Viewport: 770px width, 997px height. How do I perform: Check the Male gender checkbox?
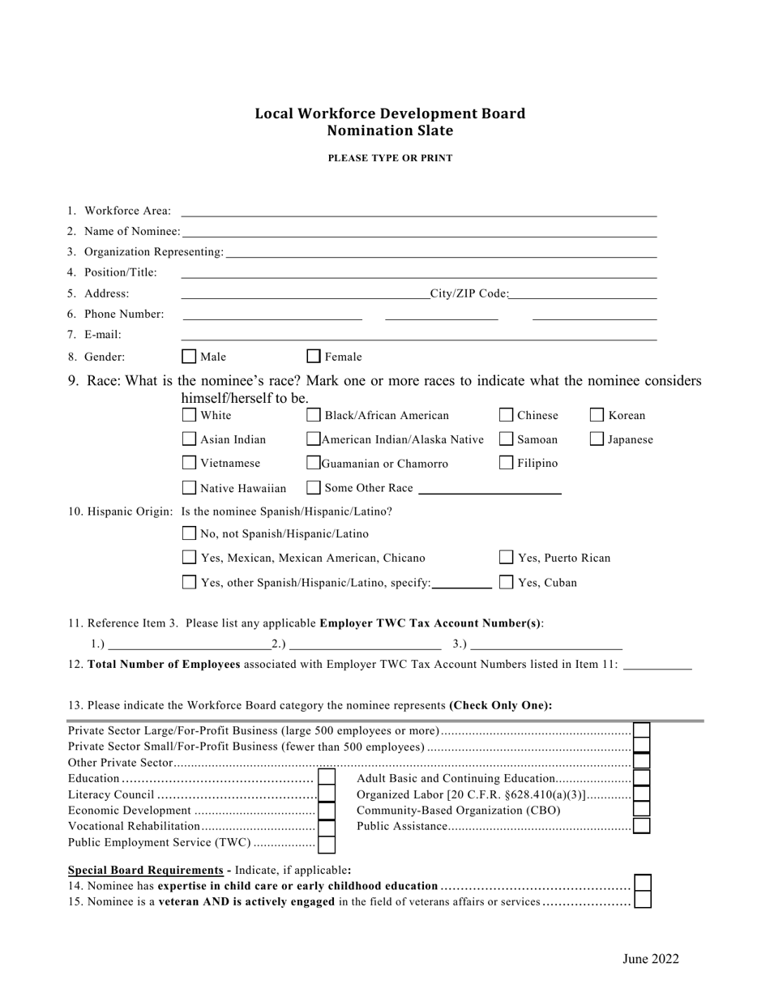(189, 357)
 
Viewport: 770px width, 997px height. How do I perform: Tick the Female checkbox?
(314, 356)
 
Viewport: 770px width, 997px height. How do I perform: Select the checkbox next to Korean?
(597, 416)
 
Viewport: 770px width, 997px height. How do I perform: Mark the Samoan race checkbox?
(506, 439)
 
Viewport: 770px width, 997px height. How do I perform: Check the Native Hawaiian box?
(189, 488)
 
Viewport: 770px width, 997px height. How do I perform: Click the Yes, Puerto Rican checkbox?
(506, 558)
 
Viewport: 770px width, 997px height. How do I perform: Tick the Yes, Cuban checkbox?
(506, 582)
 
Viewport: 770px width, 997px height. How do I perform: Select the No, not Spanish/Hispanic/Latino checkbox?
(189, 533)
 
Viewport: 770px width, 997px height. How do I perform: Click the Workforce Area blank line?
(418, 216)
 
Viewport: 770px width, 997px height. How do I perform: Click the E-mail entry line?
(418, 339)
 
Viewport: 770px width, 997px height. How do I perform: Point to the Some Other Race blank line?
(490, 493)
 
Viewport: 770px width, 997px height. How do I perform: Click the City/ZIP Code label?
(469, 293)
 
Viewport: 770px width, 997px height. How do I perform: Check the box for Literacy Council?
(327, 794)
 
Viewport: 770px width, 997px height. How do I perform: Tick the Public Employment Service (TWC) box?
(327, 844)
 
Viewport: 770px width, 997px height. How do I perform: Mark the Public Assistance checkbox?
(641, 826)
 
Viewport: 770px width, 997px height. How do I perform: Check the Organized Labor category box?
(641, 794)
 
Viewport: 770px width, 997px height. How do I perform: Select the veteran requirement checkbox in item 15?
(643, 900)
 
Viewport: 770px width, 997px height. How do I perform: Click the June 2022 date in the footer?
(650, 960)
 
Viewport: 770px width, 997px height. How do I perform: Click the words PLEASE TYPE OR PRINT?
(390, 159)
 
